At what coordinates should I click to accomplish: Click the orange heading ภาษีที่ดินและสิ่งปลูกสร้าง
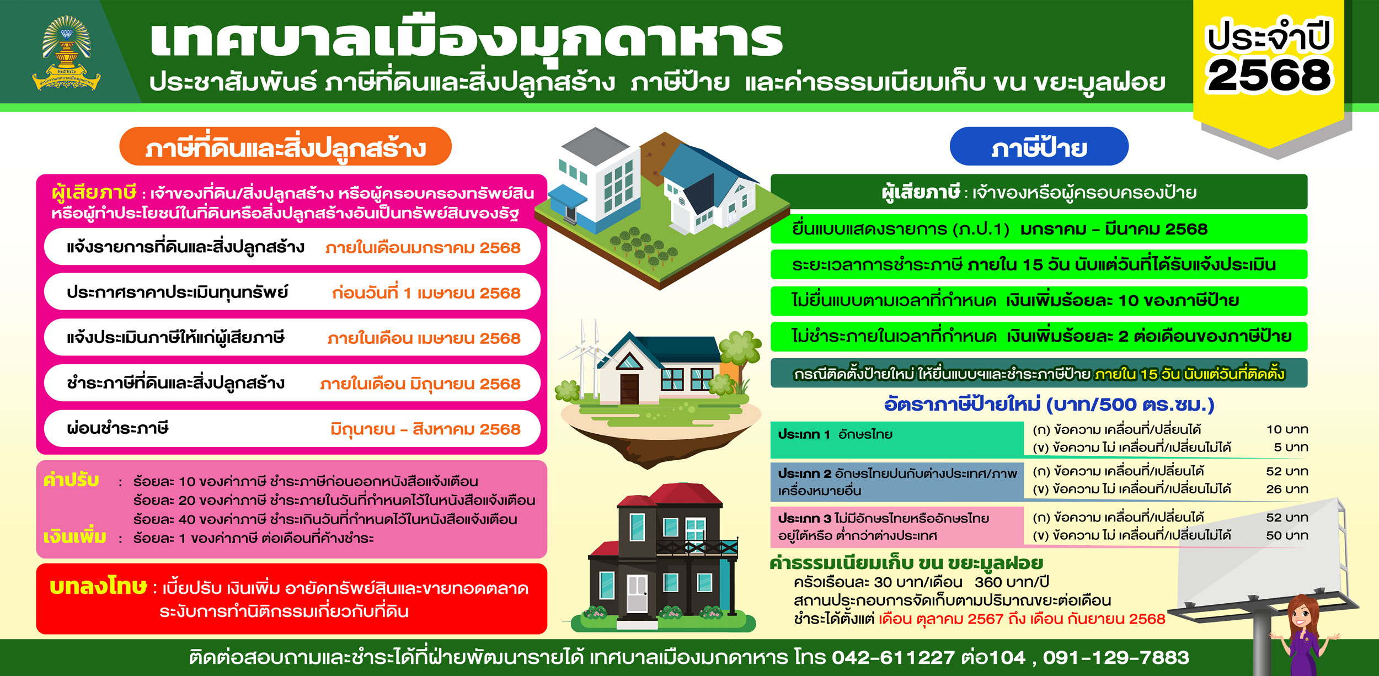pos(285,147)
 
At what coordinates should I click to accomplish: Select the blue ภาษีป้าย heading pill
pos(1039,147)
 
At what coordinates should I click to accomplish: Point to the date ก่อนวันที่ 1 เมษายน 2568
pos(426,293)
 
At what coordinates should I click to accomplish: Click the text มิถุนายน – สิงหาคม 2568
pos(425,429)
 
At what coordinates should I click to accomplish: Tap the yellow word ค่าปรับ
pos(72,481)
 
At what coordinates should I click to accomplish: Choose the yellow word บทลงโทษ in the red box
pos(98,586)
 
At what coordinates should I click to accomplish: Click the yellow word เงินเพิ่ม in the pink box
pos(75,536)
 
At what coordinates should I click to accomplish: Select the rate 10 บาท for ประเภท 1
pos(1287,429)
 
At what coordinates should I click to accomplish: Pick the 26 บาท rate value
pos(1287,489)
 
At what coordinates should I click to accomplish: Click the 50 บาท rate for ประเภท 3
pos(1287,535)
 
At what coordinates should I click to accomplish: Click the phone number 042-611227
pos(893,657)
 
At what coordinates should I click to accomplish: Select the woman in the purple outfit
pos(1305,635)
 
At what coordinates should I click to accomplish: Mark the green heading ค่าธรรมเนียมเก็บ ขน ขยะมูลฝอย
pos(906,563)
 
